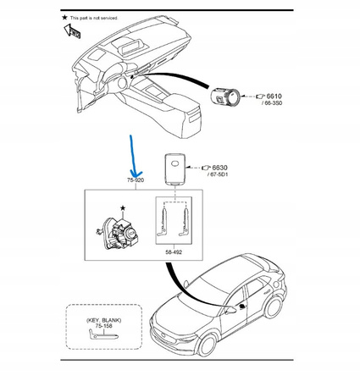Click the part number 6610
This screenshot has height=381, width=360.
point(274,97)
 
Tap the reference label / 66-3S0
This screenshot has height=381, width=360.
point(272,103)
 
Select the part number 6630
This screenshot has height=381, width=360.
point(219,168)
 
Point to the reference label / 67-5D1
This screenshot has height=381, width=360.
point(218,174)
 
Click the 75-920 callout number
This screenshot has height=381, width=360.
point(136,180)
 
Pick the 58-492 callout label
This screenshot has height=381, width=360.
point(174,252)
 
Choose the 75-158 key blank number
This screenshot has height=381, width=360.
point(103,326)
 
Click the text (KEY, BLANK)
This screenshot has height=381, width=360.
point(103,320)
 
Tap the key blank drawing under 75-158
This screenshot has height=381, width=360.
point(103,334)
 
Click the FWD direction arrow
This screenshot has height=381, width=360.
point(72,31)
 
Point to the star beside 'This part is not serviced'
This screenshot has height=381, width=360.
point(64,18)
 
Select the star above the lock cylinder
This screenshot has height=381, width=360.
point(123,208)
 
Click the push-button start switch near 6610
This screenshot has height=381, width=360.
point(225,97)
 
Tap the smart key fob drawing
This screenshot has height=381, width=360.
point(174,168)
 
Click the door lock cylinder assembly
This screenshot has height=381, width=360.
point(118,233)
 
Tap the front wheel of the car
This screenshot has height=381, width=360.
point(208,345)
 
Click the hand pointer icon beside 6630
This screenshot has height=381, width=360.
point(206,168)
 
